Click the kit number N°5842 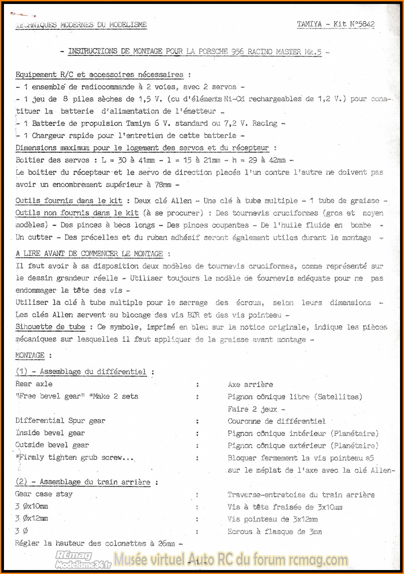(362, 24)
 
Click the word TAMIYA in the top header (309, 24)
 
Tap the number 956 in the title (238, 52)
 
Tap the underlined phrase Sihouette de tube (50, 327)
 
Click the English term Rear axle (34, 384)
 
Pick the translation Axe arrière (250, 384)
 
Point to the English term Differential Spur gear (60, 421)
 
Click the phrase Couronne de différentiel (276, 421)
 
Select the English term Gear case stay (44, 494)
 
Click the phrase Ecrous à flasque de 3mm (275, 531)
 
